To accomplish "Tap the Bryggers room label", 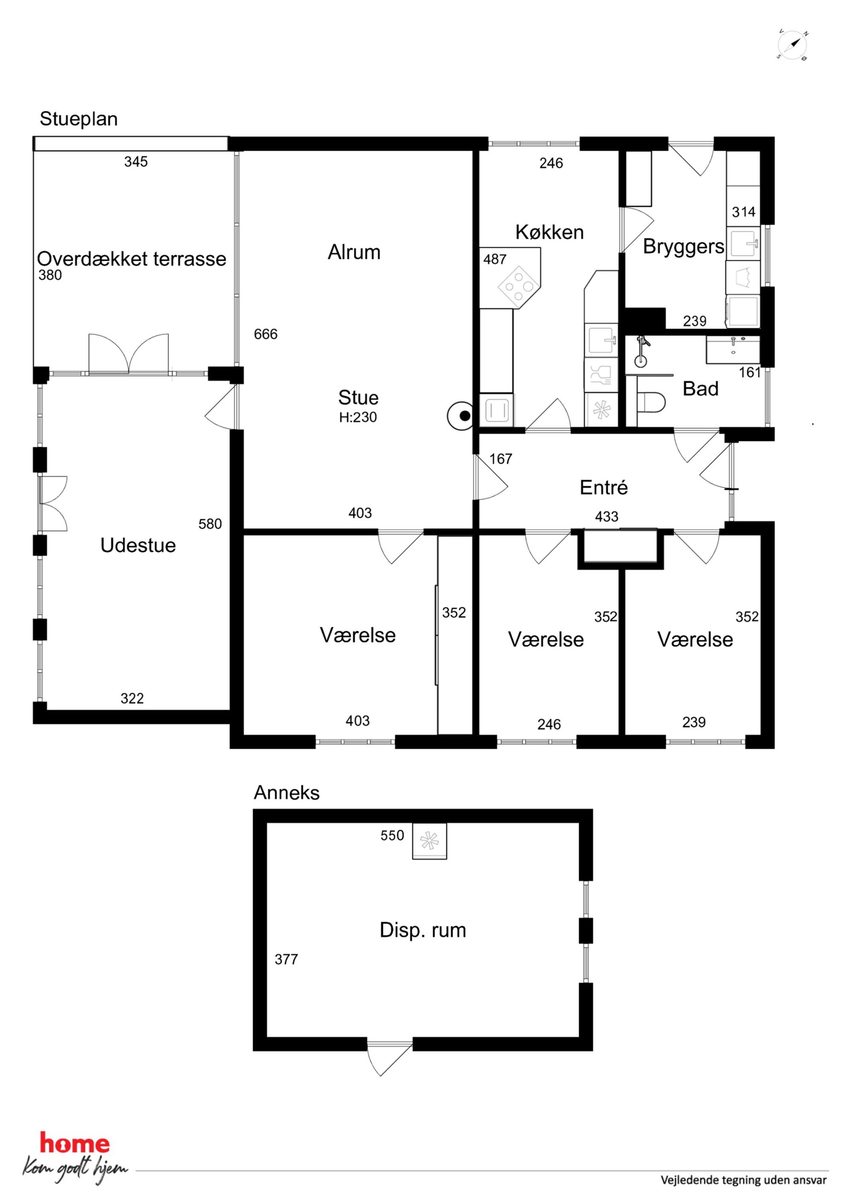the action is pos(684,247).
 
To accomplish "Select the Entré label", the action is pos(604,488).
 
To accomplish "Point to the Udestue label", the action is pos(138,545).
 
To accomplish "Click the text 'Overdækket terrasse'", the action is pos(131,259).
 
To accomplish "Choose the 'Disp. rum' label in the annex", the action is pos(423,930).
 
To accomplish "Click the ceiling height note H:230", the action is pos(358,417).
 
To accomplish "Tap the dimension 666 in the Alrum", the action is pos(266,334).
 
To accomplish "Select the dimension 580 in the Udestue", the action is pos(210,524).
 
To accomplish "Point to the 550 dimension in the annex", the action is pos(392,835).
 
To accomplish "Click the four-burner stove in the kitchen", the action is pos(518,286).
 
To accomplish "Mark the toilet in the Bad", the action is pos(651,402).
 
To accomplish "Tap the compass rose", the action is pos(792,45).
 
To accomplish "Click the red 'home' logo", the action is pos(75,1143).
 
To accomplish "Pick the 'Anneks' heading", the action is pos(287,793).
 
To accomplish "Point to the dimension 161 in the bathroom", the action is pos(750,372).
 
